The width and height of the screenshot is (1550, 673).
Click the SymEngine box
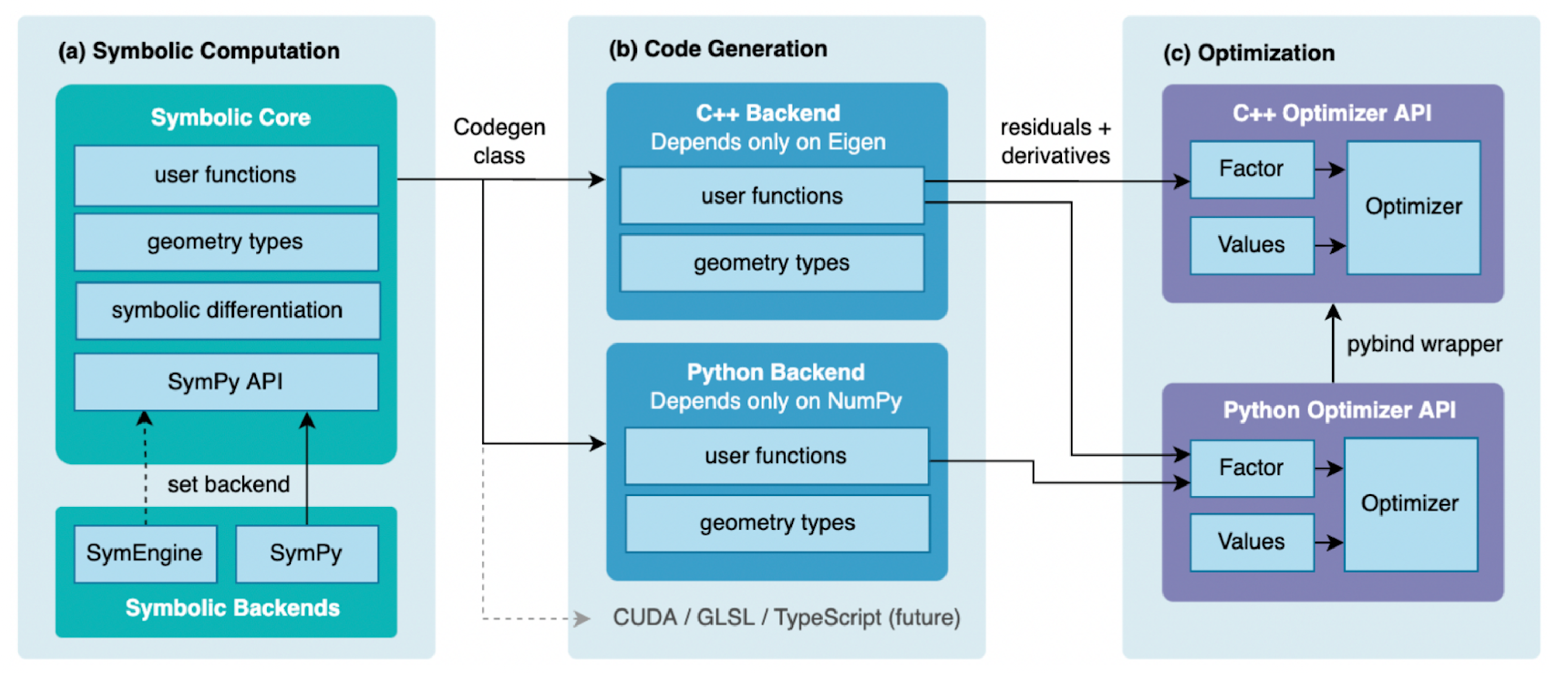click(145, 553)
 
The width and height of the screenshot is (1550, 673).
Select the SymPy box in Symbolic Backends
click(306, 553)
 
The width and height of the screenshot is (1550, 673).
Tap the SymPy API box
click(226, 382)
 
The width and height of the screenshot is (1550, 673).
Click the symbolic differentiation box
click(227, 310)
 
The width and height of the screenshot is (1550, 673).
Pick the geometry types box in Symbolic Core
click(226, 242)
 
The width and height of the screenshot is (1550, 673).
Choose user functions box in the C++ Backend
click(771, 196)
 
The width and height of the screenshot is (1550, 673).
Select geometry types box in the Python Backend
click(777, 523)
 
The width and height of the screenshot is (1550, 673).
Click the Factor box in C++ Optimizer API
click(1251, 169)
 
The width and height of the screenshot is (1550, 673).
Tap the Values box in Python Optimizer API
click(1251, 542)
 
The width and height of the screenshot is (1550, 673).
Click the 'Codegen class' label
click(500, 142)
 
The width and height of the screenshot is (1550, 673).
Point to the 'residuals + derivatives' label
click(1056, 142)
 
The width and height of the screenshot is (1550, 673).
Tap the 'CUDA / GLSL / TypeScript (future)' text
click(786, 618)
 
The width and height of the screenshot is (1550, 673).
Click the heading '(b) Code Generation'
click(718, 49)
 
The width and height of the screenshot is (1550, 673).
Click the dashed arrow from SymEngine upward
click(145, 469)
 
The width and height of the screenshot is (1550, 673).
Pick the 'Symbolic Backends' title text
click(233, 608)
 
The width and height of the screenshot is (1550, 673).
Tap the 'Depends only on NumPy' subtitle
click(776, 401)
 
